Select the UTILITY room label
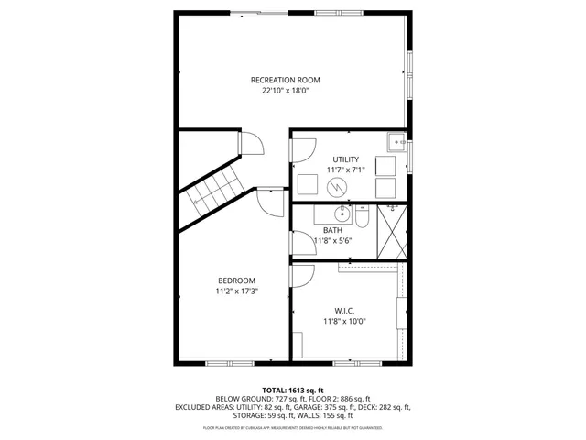[x=345, y=159]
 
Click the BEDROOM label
[x=236, y=280]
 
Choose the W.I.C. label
[x=343, y=310]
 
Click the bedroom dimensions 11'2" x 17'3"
[x=236, y=291]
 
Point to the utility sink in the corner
[x=396, y=142]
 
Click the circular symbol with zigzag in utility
[x=336, y=185]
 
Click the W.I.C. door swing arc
[x=303, y=274]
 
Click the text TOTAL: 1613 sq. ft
[x=292, y=390]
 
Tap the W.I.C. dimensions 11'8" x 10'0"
[x=343, y=322]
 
